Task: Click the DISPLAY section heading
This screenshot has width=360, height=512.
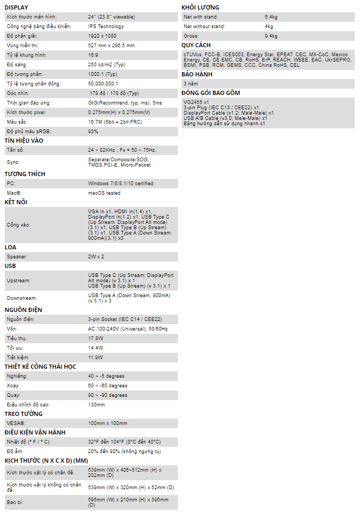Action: pyautogui.click(x=16, y=7)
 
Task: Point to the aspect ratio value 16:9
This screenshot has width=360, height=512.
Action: pyautogui.click(x=93, y=55)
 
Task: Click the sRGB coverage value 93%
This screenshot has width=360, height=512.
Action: pyautogui.click(x=93, y=132)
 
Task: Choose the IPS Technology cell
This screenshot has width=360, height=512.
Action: pyautogui.click(x=106, y=27)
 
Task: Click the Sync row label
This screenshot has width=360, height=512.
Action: pyautogui.click(x=13, y=162)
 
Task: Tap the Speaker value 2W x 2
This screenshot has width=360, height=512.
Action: pyautogui.click(x=96, y=257)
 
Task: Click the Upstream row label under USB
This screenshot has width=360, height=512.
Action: pyautogui.click(x=19, y=280)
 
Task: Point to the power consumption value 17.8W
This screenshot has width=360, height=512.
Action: pyautogui.click(x=96, y=339)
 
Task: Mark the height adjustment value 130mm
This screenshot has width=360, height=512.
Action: pyautogui.click(x=97, y=405)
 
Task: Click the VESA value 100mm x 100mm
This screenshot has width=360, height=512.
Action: pyautogui.click(x=107, y=423)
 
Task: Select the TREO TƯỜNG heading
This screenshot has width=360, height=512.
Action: pyautogui.click(x=24, y=414)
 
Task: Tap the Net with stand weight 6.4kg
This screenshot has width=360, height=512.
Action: pyautogui.click(x=271, y=17)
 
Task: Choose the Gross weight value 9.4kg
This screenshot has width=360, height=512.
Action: pyautogui.click(x=271, y=36)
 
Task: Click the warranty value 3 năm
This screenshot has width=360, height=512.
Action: pyautogui.click(x=191, y=84)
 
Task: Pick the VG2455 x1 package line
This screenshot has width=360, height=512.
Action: pyautogui.click(x=196, y=102)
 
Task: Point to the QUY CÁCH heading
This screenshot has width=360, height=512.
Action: pyautogui.click(x=196, y=46)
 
